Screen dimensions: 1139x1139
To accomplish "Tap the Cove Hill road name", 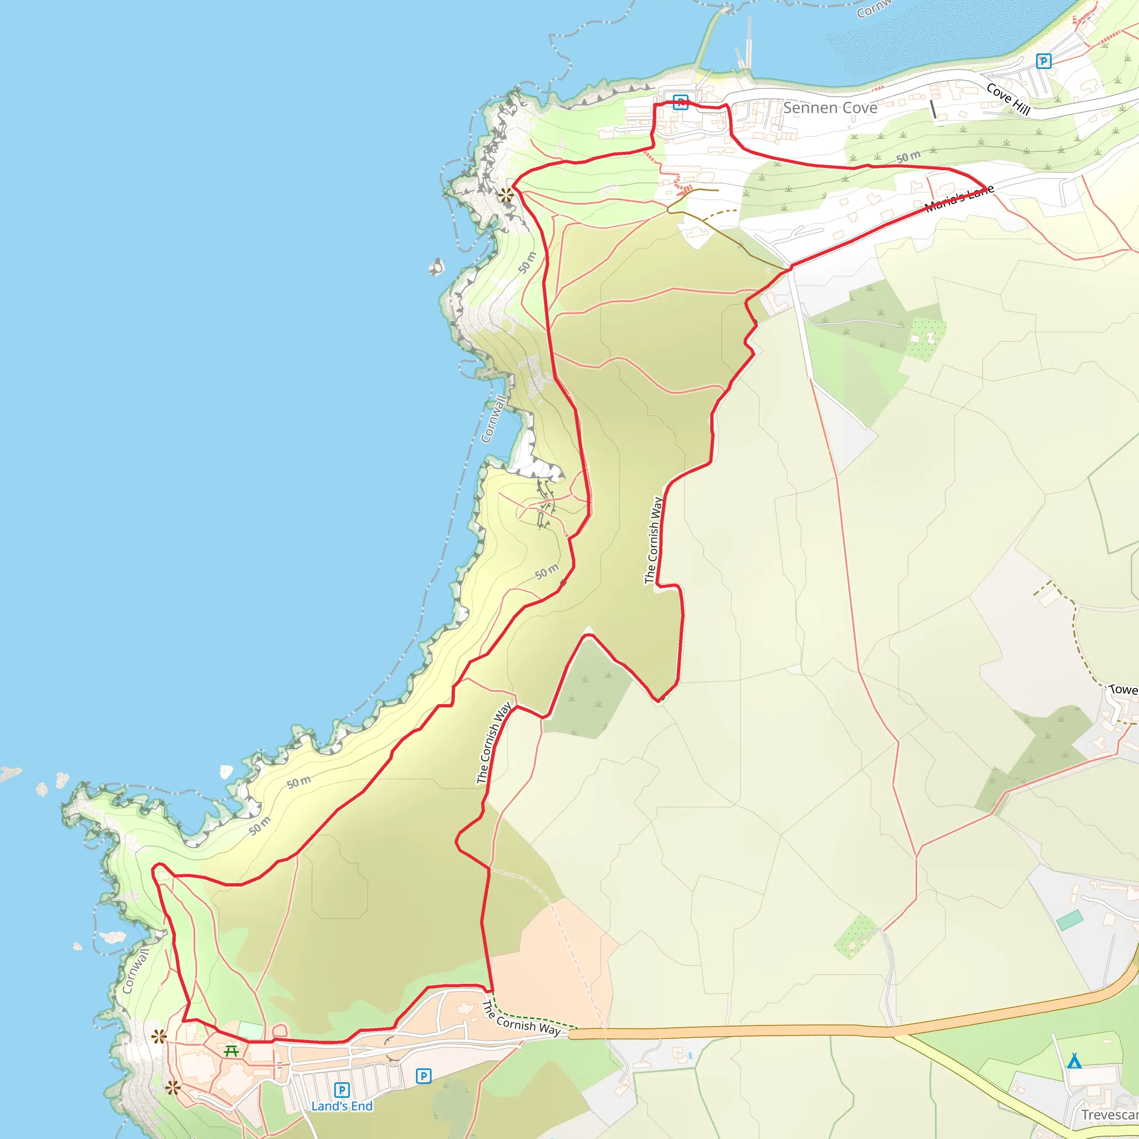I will click(x=1008, y=99).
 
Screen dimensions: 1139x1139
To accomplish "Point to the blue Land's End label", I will click(x=342, y=1106).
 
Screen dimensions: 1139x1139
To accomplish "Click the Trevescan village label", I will click(x=1108, y=1115).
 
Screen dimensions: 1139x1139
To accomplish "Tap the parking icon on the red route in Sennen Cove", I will click(x=680, y=102).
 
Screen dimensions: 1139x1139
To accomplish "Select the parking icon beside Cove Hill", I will click(x=1043, y=61).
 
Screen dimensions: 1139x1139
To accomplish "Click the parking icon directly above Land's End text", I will click(x=342, y=1090).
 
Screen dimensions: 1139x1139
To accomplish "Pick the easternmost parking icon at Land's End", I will click(x=423, y=1076).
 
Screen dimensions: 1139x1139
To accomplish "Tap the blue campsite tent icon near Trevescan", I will click(x=1074, y=1061).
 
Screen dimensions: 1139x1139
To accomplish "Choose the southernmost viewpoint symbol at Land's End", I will click(x=173, y=1088).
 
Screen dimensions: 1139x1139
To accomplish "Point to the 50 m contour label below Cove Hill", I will click(x=908, y=157).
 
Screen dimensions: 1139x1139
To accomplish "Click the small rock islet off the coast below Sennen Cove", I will click(x=435, y=267).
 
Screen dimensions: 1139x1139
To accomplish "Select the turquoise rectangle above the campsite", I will click(x=1069, y=920).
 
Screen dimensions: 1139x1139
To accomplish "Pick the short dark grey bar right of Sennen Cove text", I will click(x=933, y=109).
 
